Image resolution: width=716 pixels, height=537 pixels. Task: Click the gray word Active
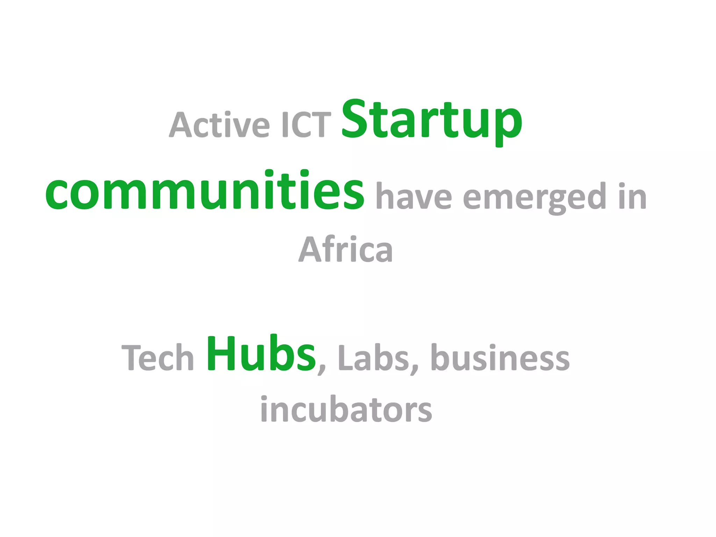click(x=219, y=124)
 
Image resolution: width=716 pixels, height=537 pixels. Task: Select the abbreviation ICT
click(x=306, y=124)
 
